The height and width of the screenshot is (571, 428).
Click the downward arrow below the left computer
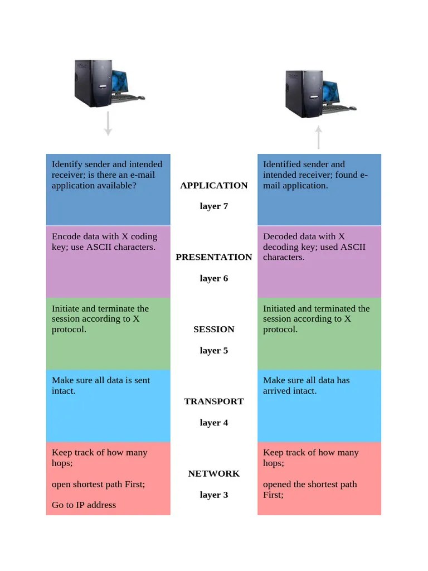point(108,124)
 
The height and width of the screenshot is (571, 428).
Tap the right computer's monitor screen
point(330,92)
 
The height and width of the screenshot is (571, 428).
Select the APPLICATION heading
point(213,186)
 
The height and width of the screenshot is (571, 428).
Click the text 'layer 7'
point(213,206)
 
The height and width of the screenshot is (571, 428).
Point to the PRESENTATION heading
point(213,257)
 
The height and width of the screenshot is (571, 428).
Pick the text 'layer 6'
point(213,278)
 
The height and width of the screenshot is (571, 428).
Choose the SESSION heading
point(213,329)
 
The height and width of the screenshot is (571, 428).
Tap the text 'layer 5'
point(213,350)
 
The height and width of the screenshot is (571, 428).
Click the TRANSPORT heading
point(213,401)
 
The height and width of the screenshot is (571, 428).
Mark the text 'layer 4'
point(213,423)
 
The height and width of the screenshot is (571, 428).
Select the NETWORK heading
point(213,473)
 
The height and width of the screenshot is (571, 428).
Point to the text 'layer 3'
point(213,495)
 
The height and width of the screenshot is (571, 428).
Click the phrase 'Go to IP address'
point(84,505)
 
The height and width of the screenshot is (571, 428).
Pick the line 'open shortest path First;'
point(98,484)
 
